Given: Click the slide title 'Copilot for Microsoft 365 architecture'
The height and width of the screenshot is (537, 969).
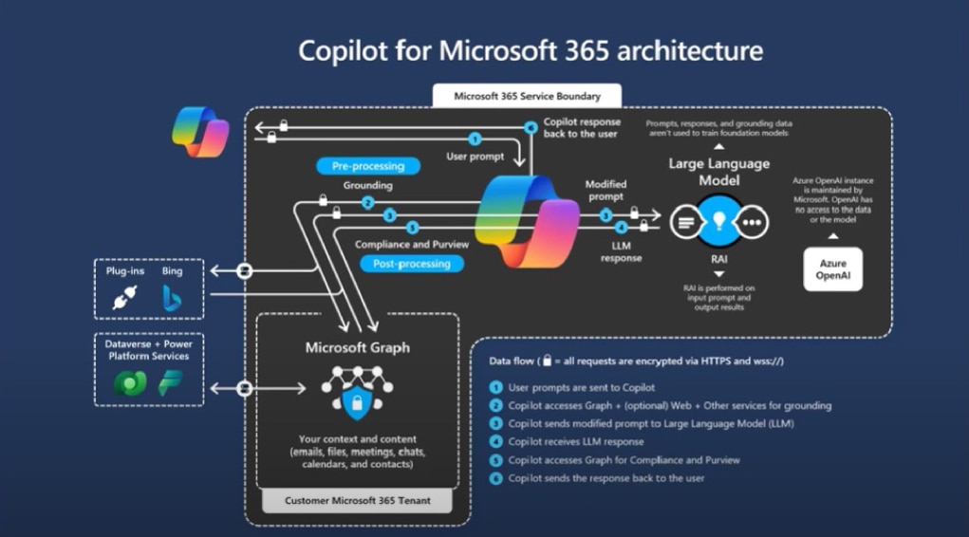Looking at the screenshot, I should pyautogui.click(x=530, y=50).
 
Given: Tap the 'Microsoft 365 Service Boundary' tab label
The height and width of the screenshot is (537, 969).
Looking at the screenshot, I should pyautogui.click(x=527, y=96).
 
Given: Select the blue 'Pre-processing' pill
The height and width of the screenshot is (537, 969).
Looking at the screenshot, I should pyautogui.click(x=367, y=166).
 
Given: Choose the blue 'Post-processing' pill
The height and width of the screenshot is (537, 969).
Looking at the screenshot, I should pyautogui.click(x=412, y=264).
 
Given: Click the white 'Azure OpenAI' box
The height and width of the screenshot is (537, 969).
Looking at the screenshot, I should pyautogui.click(x=832, y=268).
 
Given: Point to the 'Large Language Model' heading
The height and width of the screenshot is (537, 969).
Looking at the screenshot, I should pyautogui.click(x=718, y=172).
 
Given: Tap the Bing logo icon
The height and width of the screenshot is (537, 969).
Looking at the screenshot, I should pyautogui.click(x=172, y=298).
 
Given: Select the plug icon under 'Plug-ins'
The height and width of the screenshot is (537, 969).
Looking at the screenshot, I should pyautogui.click(x=125, y=298).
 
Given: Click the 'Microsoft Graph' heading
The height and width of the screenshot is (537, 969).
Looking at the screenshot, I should pyautogui.click(x=358, y=347).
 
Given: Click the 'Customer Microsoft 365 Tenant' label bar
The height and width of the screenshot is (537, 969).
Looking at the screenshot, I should pyautogui.click(x=357, y=500).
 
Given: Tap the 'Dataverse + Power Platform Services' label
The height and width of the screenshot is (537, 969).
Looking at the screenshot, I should pyautogui.click(x=149, y=350).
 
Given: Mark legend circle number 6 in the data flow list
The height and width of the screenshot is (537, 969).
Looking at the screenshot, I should pyautogui.click(x=495, y=478).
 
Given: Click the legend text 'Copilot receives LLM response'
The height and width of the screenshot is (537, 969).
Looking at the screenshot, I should pyautogui.click(x=576, y=441).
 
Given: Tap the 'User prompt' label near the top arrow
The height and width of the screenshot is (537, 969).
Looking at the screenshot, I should pyautogui.click(x=475, y=156).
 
